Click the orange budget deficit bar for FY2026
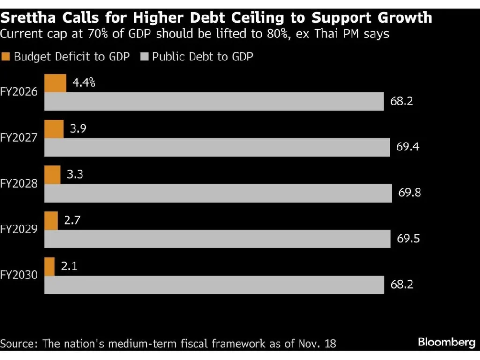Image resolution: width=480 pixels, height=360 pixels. click(55, 83)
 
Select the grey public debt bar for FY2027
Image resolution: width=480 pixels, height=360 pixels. click(217, 147)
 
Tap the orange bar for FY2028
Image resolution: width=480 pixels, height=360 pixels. click(52, 175)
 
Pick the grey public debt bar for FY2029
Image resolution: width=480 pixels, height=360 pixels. click(217, 239)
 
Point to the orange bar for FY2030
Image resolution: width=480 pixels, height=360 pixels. click(49, 267)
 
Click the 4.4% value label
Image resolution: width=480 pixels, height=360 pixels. click(84, 83)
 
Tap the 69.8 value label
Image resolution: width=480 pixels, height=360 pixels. click(410, 193)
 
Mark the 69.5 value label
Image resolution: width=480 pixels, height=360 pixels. click(408, 239)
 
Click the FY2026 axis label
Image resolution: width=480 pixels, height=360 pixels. click(19, 92)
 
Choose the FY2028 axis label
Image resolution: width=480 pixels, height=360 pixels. click(19, 184)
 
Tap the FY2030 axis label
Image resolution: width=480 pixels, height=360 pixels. click(19, 276)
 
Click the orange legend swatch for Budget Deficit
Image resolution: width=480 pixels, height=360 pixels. click(6, 57)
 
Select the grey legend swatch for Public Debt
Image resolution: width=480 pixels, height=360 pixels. click(144, 57)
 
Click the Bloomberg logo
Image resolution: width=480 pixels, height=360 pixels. click(446, 343)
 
